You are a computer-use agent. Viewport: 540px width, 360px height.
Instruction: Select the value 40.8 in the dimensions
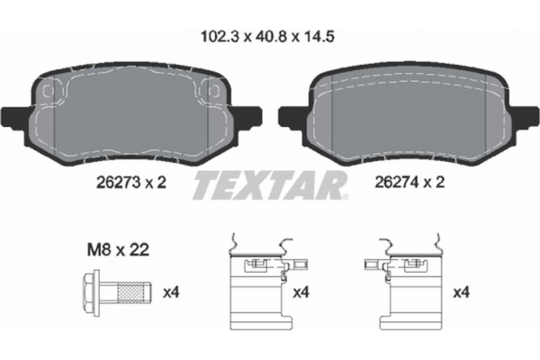pos(269,40)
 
